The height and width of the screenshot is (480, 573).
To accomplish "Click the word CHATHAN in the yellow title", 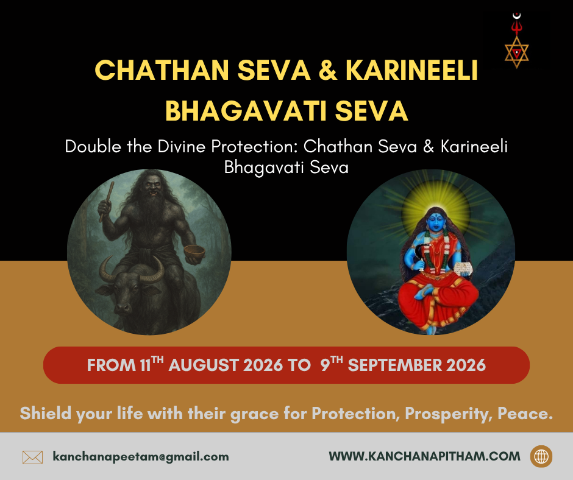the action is [162, 70].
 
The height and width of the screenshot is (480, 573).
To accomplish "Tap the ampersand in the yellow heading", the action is [328, 70].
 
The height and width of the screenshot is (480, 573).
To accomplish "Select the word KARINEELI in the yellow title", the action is [412, 70].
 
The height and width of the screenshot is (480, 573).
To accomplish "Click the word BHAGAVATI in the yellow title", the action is [246, 111].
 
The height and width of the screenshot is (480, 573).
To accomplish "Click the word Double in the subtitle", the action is [93, 146].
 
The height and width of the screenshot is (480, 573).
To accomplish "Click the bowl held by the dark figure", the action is [194, 252].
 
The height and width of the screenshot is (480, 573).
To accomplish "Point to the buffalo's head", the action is [129, 289].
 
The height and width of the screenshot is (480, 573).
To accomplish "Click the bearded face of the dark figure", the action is [153, 188].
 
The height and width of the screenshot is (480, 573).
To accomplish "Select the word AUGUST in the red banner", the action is [204, 365].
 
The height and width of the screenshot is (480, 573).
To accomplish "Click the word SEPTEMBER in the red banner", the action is [394, 365].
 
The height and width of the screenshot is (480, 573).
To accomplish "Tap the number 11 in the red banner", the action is [145, 365].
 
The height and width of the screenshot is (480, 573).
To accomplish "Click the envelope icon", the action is [32, 457].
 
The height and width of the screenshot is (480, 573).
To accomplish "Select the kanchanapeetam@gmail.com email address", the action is [141, 457].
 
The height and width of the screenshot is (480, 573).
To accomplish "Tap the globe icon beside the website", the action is [541, 456].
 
